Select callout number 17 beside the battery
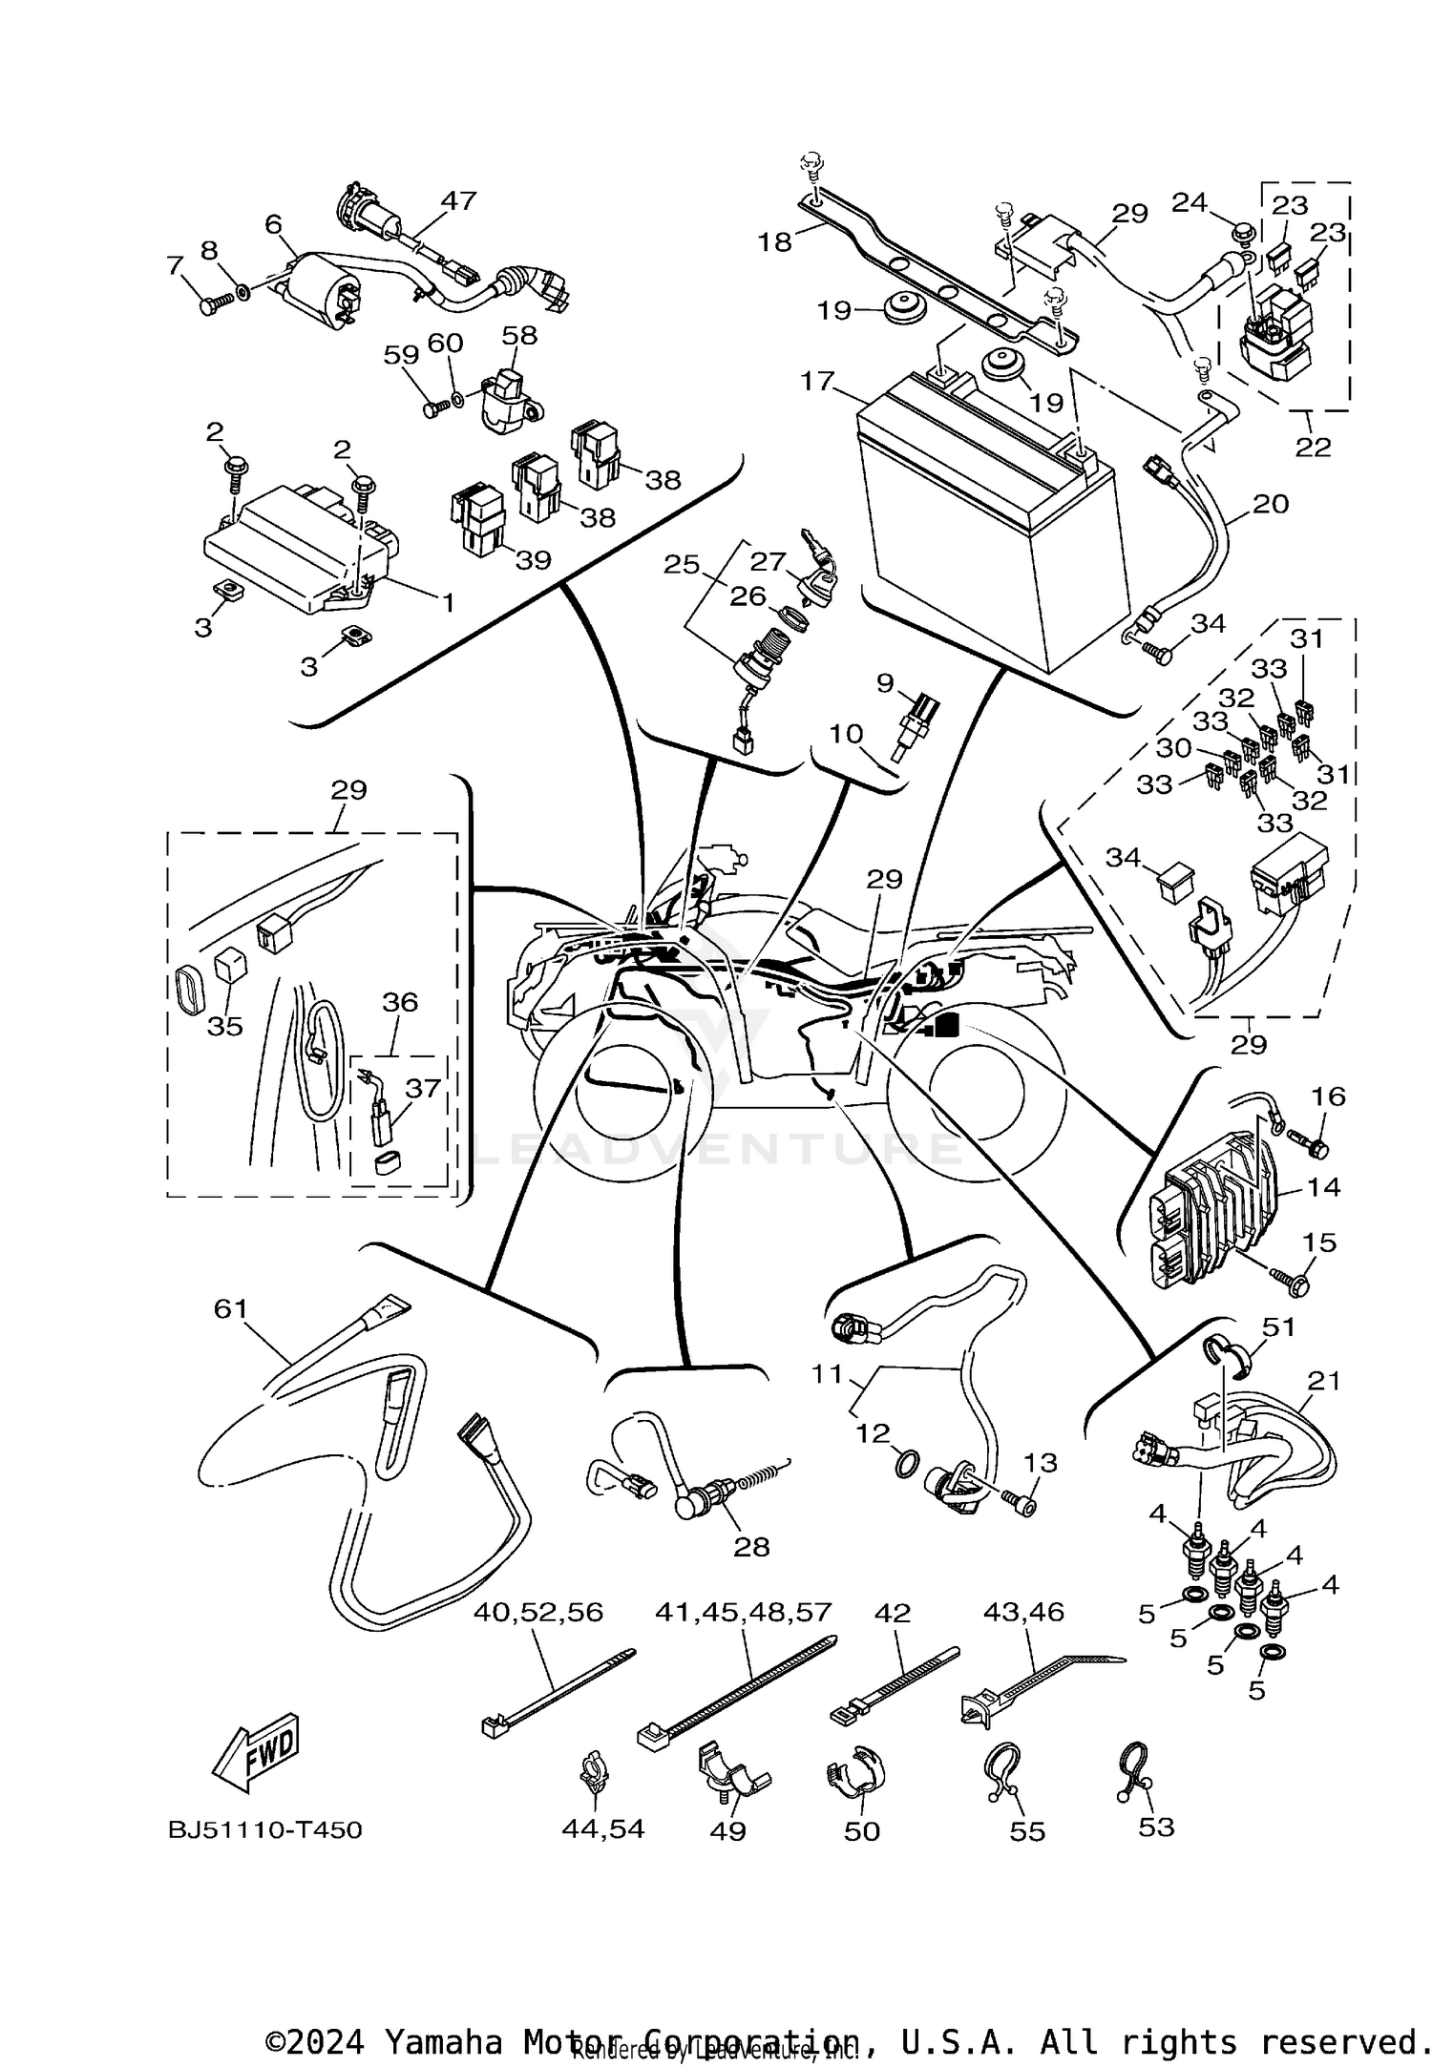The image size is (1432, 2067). (817, 382)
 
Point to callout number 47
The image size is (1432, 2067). (458, 200)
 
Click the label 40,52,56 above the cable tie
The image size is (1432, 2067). (538, 1612)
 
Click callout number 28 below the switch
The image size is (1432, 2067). (750, 1546)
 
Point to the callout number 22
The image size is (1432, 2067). (1313, 446)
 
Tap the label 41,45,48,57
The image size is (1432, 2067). (744, 1612)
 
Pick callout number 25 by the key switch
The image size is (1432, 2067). (682, 565)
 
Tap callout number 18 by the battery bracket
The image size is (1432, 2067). (775, 242)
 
